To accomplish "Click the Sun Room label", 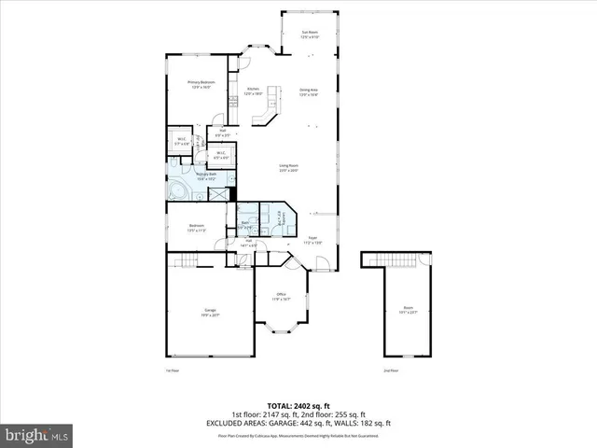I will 310,35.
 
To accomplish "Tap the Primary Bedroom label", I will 201,84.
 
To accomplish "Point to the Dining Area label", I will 309,91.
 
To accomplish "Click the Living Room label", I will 287,168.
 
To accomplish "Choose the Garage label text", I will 210,312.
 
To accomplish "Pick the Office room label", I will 282,298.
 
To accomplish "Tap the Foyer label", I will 314,241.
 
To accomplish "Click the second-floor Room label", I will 408,309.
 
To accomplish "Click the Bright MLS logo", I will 37,435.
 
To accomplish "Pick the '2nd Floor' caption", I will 392,371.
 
